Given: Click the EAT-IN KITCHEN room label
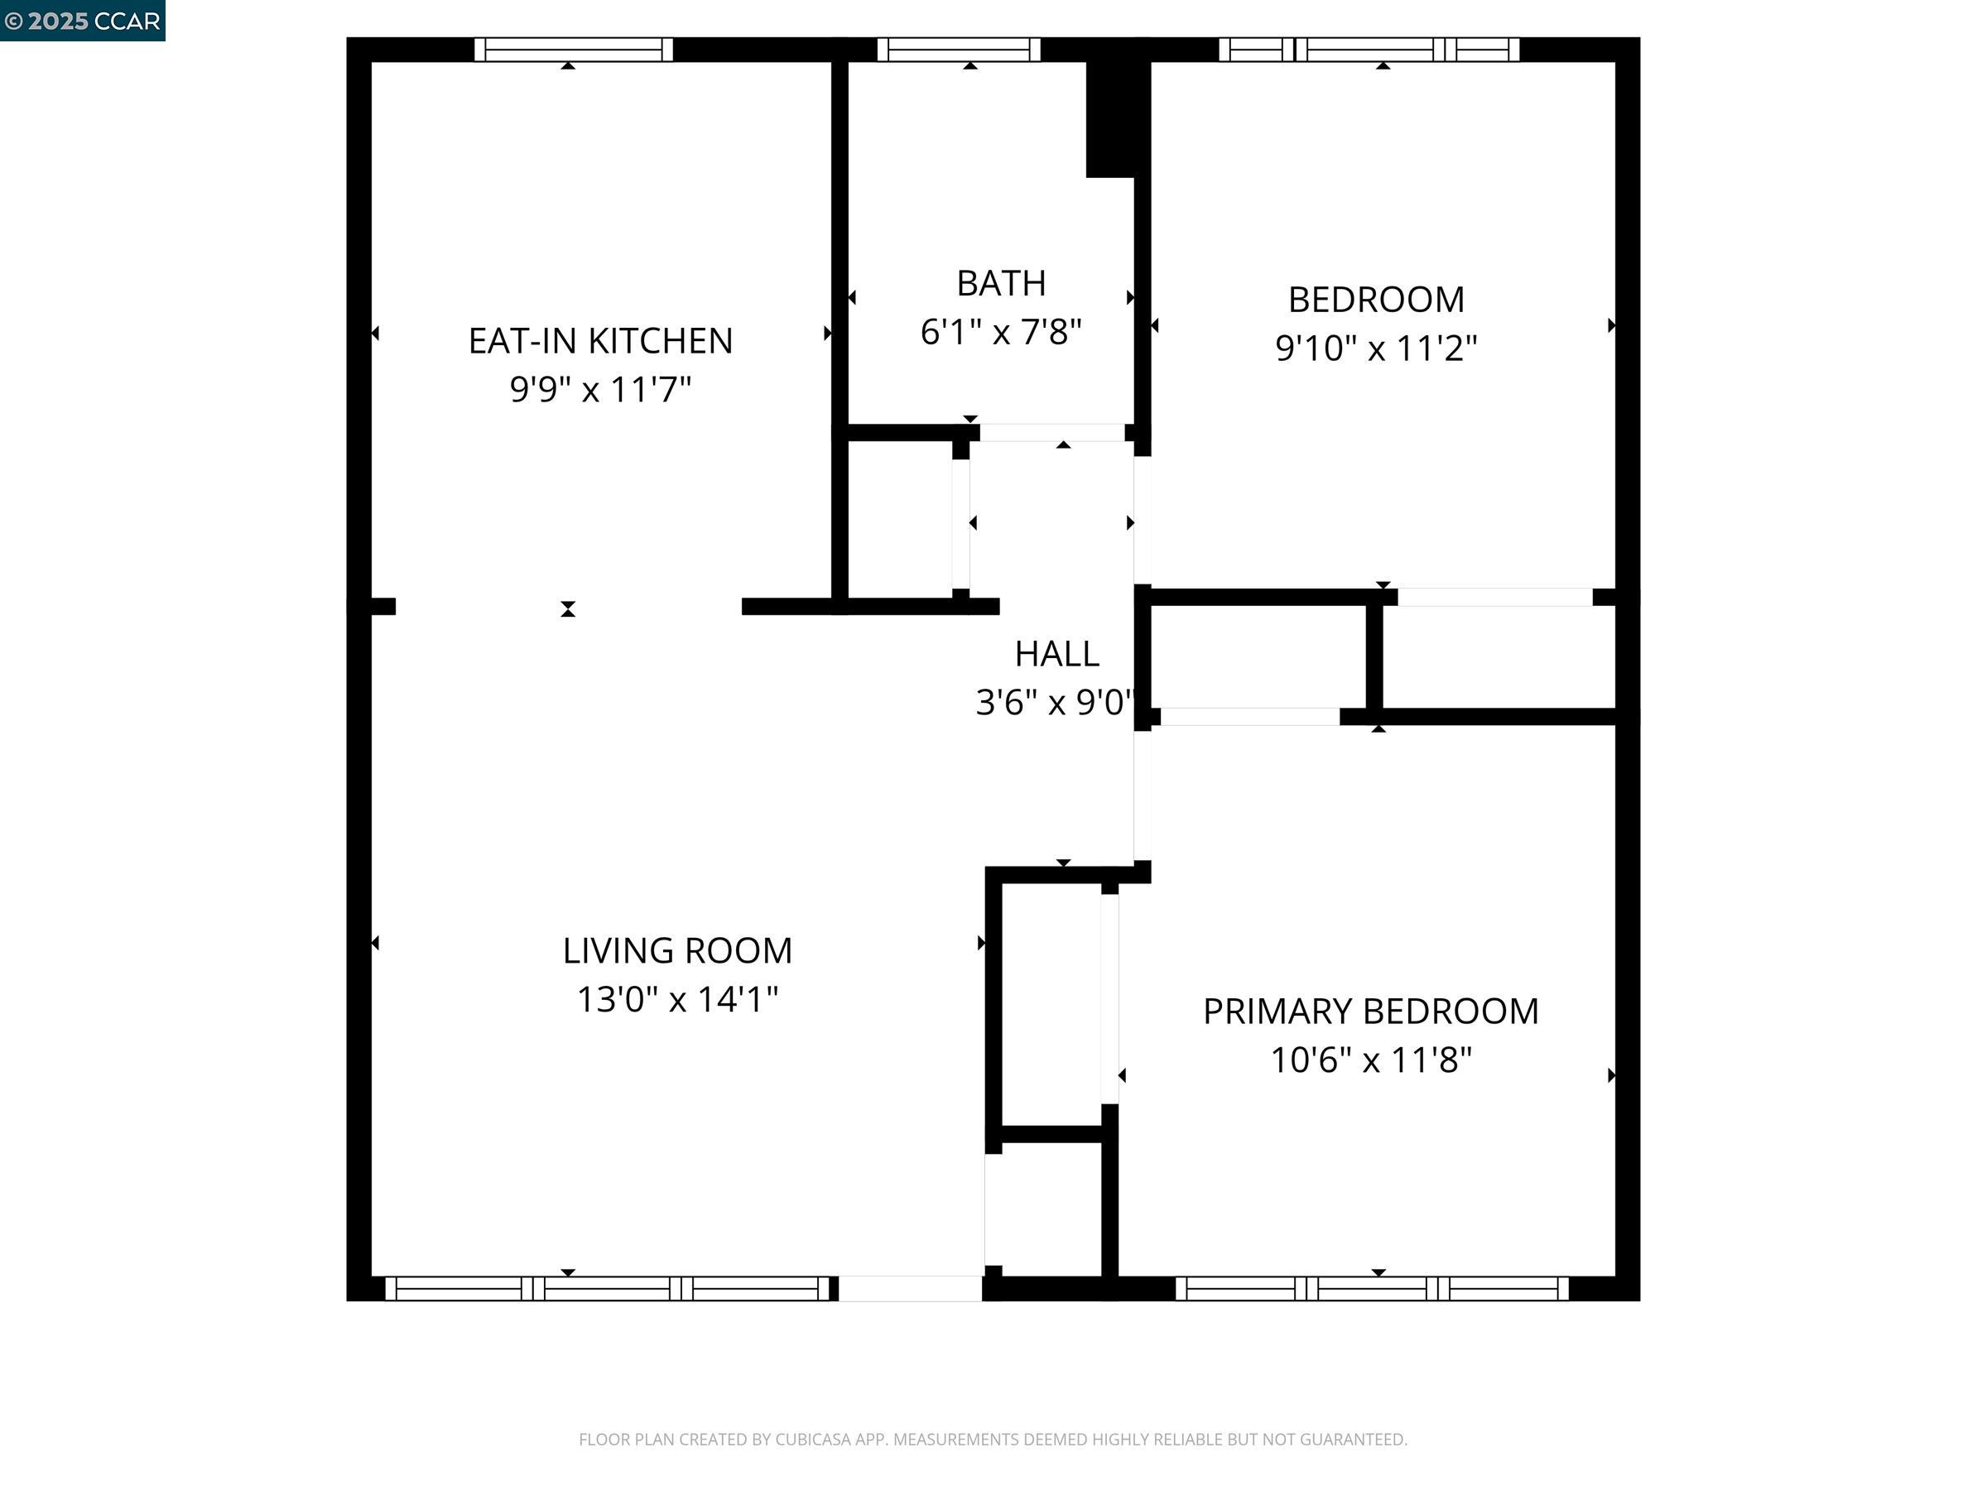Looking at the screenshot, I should (600, 341).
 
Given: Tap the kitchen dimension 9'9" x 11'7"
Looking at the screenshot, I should (600, 390).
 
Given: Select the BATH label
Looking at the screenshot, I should (1001, 284).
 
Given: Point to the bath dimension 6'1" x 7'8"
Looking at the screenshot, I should (1001, 332).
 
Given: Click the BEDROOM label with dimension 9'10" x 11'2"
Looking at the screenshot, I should (1375, 300).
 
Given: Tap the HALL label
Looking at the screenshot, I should (1056, 654).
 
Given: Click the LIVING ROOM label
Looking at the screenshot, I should (677, 950).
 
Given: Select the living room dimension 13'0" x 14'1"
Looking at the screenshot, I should (677, 999).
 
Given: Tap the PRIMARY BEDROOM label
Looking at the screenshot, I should (1371, 1012).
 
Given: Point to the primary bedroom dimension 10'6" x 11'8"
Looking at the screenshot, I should (1371, 1060).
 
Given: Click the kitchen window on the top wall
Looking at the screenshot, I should (573, 50).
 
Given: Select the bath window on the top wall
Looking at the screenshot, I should (959, 50).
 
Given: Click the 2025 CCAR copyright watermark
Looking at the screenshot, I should (83, 21).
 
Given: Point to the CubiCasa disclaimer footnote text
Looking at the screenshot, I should (993, 1439).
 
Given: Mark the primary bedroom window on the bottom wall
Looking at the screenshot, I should (1372, 1289).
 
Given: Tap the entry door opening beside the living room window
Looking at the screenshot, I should (910, 1289).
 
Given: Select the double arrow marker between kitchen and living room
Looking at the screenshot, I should (568, 609).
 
